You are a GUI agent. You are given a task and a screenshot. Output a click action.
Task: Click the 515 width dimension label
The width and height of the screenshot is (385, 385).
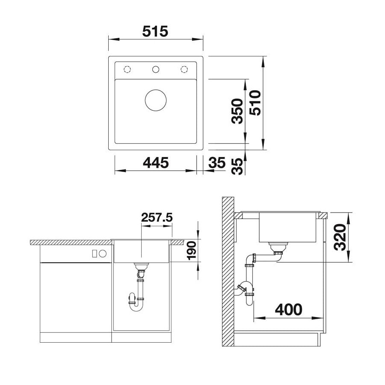(155, 31)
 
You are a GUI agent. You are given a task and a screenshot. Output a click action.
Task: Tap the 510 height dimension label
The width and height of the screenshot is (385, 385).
(255, 103)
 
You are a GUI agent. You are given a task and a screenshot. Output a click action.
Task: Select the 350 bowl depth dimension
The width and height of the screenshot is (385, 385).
(237, 111)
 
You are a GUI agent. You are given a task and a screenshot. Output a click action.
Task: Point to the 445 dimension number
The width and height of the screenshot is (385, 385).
(156, 163)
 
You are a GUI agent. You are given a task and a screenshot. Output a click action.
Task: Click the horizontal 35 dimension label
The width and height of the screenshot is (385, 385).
(216, 163)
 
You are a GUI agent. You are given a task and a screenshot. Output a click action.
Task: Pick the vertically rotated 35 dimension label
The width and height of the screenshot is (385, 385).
(237, 166)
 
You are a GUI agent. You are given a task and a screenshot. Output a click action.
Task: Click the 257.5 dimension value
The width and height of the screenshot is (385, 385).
(157, 217)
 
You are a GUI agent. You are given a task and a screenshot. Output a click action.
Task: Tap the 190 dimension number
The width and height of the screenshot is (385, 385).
(192, 250)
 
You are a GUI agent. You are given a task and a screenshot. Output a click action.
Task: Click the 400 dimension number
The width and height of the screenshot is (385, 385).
(288, 310)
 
